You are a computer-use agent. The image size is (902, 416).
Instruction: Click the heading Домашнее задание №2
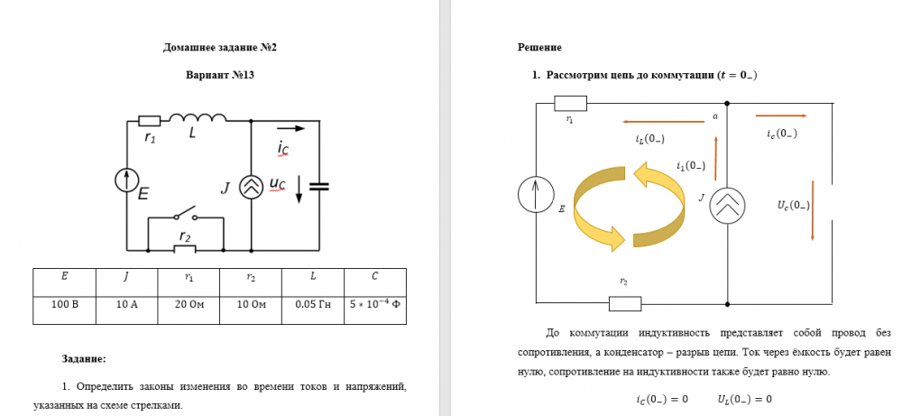(x=219, y=47)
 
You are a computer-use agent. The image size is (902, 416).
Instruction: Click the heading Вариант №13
(x=219, y=75)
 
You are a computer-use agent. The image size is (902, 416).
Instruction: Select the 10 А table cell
(x=126, y=305)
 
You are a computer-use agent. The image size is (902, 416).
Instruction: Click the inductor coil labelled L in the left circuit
(x=198, y=117)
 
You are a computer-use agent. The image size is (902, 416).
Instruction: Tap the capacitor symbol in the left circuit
(x=319, y=186)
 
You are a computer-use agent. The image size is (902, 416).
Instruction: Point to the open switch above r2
(x=186, y=214)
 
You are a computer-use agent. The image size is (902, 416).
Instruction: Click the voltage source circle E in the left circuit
(x=126, y=180)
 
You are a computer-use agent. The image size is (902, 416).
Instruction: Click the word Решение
(x=539, y=47)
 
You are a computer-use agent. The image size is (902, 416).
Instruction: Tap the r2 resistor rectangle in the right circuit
(x=623, y=302)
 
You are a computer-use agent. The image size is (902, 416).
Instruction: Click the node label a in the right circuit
(x=714, y=116)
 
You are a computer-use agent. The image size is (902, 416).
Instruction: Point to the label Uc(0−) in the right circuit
(x=793, y=205)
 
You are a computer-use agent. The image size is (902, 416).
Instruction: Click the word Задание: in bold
(x=84, y=358)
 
